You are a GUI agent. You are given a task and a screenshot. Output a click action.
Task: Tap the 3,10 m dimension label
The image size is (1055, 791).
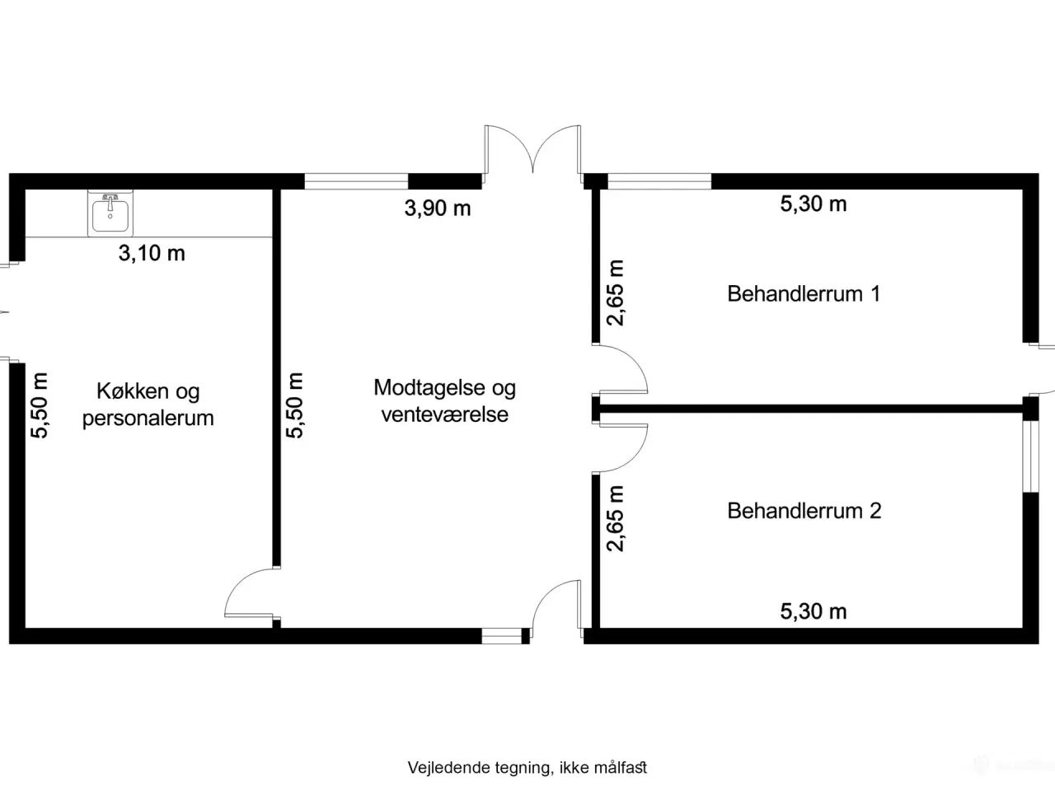click(x=152, y=253)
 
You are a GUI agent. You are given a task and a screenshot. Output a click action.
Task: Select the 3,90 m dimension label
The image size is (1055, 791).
click(x=438, y=208)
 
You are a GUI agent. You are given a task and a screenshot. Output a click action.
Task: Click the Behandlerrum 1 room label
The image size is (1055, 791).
click(x=804, y=293)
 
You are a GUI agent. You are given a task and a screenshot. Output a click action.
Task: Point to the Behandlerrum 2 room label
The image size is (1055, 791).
click(x=804, y=511)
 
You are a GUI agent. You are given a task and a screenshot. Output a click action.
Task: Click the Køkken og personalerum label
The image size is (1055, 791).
click(x=148, y=405)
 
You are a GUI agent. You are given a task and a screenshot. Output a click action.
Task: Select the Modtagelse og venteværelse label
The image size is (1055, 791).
click(x=445, y=400)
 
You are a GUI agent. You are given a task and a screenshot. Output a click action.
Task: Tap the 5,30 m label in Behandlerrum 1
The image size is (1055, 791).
click(x=814, y=204)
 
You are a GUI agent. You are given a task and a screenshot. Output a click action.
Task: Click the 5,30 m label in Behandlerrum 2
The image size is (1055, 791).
click(x=814, y=611)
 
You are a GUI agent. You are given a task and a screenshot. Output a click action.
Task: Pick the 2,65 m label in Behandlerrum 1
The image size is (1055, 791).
click(x=616, y=293)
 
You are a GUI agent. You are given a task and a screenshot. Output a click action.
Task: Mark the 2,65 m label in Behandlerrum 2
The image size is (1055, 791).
click(x=616, y=518)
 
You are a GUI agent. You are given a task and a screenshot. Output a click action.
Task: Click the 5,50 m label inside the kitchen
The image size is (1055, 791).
click(x=40, y=405)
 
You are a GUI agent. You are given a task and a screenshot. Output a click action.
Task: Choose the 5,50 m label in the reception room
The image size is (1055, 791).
click(x=295, y=405)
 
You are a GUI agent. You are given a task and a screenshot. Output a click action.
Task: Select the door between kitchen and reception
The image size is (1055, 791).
click(x=251, y=593)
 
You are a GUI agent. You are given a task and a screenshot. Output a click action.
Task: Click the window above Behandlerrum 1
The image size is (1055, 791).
click(x=659, y=181)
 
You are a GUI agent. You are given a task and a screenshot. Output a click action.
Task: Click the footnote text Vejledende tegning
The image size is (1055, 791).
click(x=527, y=768)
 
